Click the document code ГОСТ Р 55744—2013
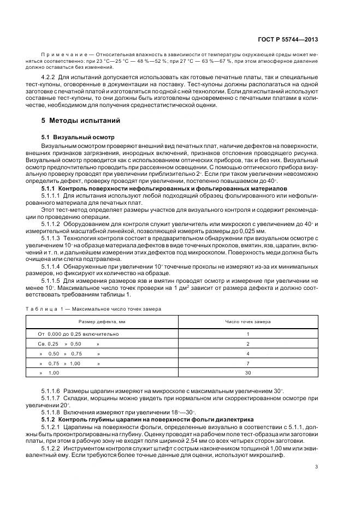(x=292, y=39)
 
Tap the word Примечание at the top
(x=63, y=55)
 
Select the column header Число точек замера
(x=247, y=322)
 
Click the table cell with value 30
(x=247, y=372)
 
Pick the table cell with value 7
(x=247, y=363)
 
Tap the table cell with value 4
(x=247, y=353)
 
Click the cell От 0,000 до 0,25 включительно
(x=78, y=334)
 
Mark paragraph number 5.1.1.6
(x=51, y=391)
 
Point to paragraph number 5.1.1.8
(x=51, y=411)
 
